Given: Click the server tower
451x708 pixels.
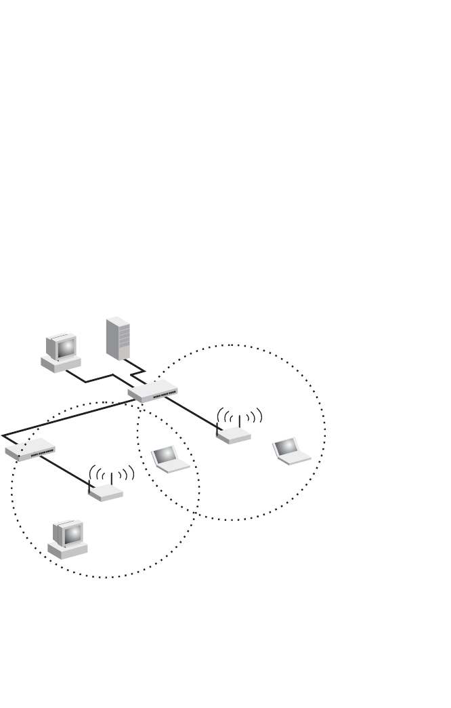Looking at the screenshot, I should click(117, 337).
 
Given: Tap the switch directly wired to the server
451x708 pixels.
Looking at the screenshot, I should click(153, 391).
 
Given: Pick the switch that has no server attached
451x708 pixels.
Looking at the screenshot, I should click(30, 450).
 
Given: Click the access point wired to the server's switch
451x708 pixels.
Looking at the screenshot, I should click(234, 435).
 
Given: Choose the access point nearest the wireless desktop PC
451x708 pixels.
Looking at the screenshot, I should click(106, 493).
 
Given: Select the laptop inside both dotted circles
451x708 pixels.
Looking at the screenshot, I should click(170, 459).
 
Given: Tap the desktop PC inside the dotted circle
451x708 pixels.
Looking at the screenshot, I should click(68, 539).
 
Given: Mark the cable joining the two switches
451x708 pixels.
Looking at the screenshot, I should click(68, 418).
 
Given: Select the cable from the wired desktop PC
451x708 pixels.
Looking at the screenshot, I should click(95, 378).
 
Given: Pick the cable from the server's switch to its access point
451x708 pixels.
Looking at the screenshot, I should click(193, 413).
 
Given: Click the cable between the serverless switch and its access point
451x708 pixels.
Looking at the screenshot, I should click(64, 471).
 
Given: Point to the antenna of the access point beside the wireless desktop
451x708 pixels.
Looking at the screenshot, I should click(111, 477).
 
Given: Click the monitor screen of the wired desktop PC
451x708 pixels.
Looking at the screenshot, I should click(66, 348).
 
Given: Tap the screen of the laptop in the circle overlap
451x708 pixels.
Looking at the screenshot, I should click(165, 454).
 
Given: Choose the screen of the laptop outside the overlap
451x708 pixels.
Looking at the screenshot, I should click(286, 446).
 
